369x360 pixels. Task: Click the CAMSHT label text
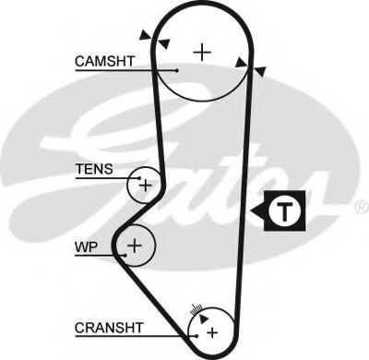coord(105,61)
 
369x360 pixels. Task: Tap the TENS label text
coord(94,169)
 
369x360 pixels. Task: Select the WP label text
coord(87,246)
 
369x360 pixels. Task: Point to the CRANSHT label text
coord(109,328)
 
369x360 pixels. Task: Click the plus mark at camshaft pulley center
coord(202,53)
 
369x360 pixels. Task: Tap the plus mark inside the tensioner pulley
coord(146,186)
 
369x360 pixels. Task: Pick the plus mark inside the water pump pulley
coord(135,246)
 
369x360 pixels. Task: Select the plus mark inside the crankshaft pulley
coord(212,332)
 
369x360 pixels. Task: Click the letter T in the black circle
coord(285,211)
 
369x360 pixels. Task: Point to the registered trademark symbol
coord(362,208)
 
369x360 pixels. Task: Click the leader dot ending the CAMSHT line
coord(176,70)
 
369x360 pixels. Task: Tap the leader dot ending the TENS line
coord(139,178)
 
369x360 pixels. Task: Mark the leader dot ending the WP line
coord(125,255)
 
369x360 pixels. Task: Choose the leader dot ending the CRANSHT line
coord(196,336)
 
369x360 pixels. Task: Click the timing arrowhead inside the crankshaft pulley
coord(203,318)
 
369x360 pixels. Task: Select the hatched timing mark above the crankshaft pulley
coord(196,308)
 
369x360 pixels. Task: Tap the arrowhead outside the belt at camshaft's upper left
coord(146,35)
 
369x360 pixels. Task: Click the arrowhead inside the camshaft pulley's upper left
coord(164,43)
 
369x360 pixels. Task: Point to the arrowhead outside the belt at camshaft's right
coord(260,71)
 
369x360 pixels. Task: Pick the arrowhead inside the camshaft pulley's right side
coord(242,63)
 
